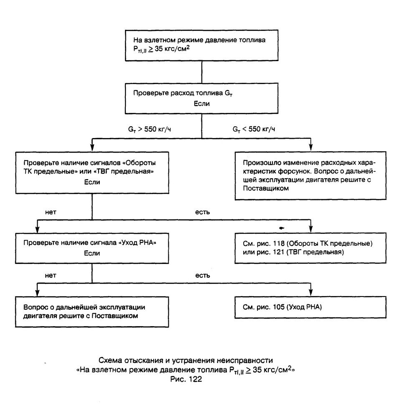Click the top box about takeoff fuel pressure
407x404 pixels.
pyautogui.click(x=202, y=46)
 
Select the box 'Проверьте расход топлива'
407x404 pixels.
pyautogui.click(x=202, y=98)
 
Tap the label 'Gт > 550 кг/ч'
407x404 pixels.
pyautogui.click(x=150, y=129)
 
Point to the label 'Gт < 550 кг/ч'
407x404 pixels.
pyautogui.click(x=254, y=129)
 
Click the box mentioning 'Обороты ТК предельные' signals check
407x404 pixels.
pyautogui.click(x=92, y=173)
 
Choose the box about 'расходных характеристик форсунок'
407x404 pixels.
pyautogui.click(x=310, y=176)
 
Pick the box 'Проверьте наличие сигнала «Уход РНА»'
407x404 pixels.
pyautogui.click(x=92, y=248)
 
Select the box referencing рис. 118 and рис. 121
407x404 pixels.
pyautogui.click(x=310, y=248)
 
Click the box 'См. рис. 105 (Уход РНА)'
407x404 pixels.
pyautogui.click(x=310, y=307)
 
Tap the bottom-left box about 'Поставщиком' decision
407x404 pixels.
pyautogui.click(x=92, y=312)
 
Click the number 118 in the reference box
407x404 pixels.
pyautogui.click(x=279, y=244)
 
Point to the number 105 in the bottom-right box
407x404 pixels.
pyautogui.click(x=279, y=307)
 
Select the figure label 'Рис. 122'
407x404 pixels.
pyautogui.click(x=186, y=379)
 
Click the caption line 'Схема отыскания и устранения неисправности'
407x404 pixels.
pyautogui.click(x=186, y=361)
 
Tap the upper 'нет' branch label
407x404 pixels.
pyautogui.click(x=51, y=212)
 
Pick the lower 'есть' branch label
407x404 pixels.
pyautogui.click(x=203, y=276)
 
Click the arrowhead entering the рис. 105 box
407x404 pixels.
pyautogui.click(x=311, y=292)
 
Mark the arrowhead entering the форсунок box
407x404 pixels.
pyautogui.click(x=311, y=148)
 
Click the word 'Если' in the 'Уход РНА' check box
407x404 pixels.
pyautogui.click(x=92, y=253)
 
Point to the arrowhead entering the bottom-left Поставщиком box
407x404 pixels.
pyautogui.click(x=37, y=292)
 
